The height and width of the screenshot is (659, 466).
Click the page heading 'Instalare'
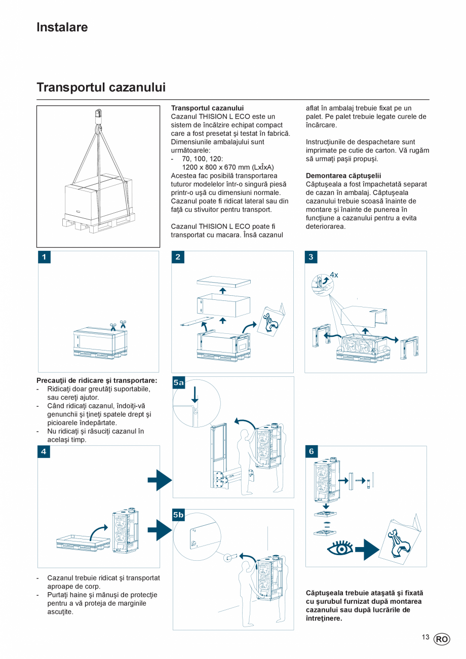coord(62,27)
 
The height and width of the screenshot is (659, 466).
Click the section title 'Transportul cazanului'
coord(101,88)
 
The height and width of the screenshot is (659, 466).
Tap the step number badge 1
coord(44,257)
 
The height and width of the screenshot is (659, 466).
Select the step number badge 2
coord(178,257)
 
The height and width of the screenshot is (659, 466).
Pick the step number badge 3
coord(311,257)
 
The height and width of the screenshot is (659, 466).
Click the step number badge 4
coord(44,451)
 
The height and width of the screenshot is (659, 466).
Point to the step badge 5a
coord(179,383)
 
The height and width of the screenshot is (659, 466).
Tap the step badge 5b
coord(179,515)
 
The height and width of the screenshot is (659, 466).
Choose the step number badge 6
coord(311,451)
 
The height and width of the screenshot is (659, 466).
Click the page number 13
coord(425,638)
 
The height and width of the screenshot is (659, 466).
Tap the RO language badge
coord(442,639)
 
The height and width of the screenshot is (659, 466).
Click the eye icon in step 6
coord(340,548)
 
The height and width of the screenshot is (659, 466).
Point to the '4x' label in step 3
coord(334,275)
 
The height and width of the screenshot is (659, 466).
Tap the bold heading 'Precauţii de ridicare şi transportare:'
coord(97,380)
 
